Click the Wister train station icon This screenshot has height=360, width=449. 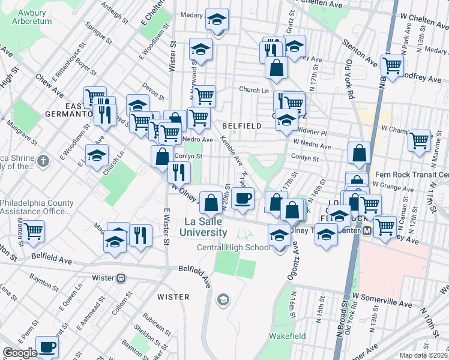pyautogui.click(x=121, y=278)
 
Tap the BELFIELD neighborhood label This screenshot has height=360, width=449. pyautogui.click(x=241, y=126)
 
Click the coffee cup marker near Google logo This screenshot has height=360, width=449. pyautogui.click(x=47, y=346)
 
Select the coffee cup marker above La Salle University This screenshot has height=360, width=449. pyautogui.click(x=243, y=198)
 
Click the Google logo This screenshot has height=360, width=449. pyautogui.click(x=19, y=353)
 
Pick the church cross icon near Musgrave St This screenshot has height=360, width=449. pyautogui.click(x=43, y=160)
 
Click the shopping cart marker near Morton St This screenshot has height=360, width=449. pyautogui.click(x=34, y=230)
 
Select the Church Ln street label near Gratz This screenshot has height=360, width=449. pyautogui.click(x=253, y=90)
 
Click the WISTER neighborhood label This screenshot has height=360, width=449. pyautogui.click(x=173, y=297)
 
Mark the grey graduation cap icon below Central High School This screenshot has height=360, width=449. pyautogui.click(x=223, y=299)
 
